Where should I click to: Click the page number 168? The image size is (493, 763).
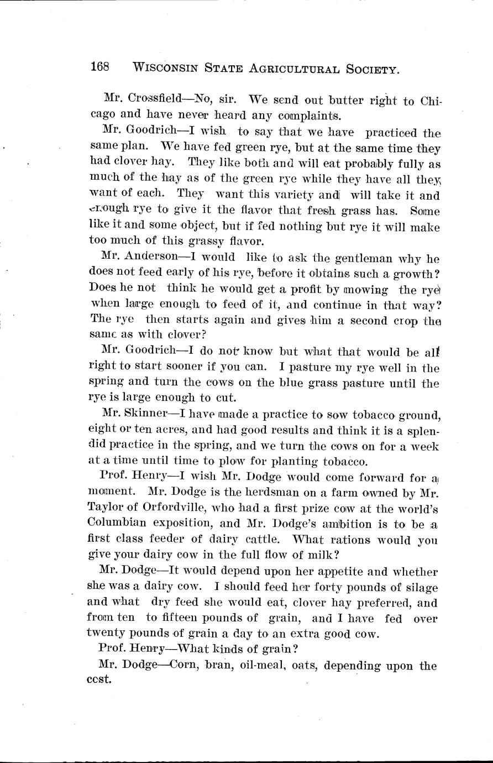tap(100, 67)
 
